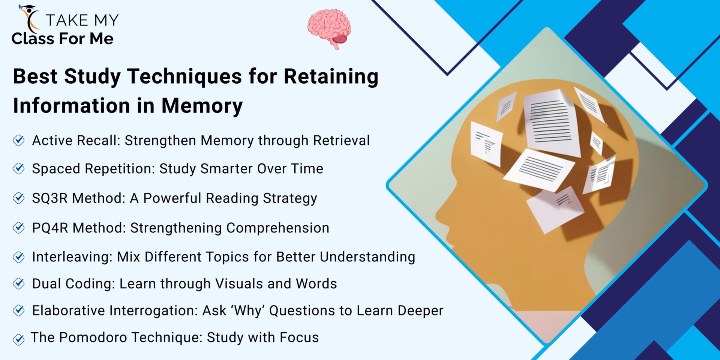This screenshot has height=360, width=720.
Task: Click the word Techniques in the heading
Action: [184, 76]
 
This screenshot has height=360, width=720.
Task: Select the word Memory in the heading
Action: [202, 106]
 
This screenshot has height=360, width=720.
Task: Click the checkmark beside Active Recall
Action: [19, 141]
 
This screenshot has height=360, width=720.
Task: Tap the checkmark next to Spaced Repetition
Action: [19, 169]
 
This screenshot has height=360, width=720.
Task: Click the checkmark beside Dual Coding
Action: [19, 283]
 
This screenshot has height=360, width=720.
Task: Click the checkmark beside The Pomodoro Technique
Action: [19, 339]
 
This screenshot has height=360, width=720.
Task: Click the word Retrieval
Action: [341, 141]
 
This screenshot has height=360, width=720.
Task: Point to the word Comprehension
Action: [277, 228]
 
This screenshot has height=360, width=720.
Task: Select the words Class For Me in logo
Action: [62, 39]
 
